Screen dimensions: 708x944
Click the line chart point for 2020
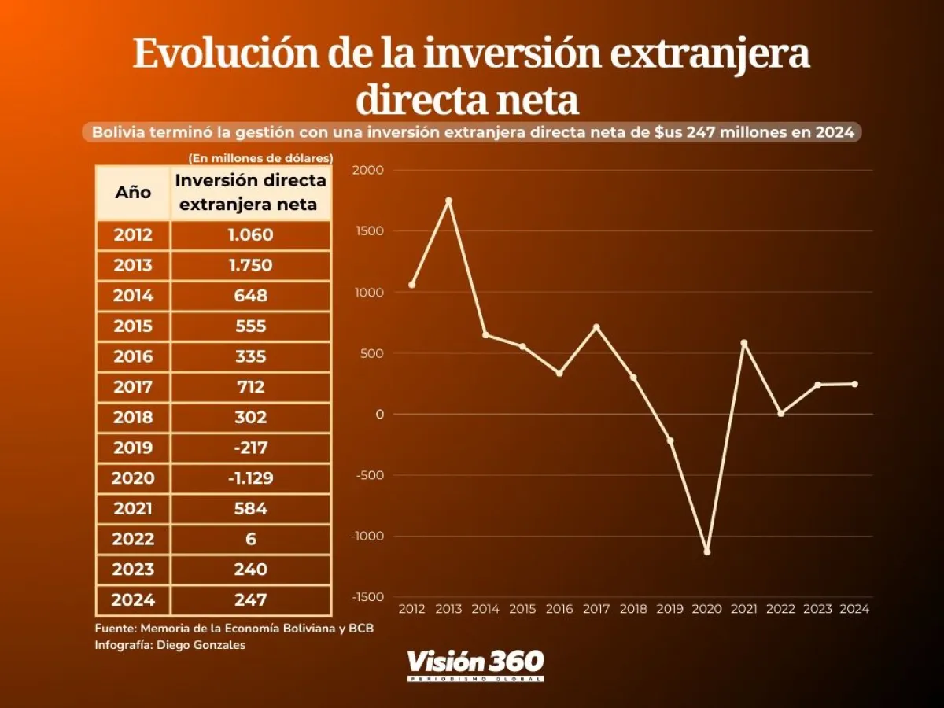706,551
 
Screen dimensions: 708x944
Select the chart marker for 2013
448,201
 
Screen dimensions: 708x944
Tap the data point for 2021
743,343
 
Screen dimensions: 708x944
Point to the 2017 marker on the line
596,326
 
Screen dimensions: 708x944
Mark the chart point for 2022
780,413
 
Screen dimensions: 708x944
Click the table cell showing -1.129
250,478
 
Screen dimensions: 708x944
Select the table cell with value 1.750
250,265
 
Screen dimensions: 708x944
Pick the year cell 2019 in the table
133,448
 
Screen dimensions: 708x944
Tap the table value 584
250,509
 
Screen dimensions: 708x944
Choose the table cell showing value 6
250,540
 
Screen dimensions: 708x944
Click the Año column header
133,193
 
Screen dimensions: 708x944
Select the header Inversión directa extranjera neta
250,193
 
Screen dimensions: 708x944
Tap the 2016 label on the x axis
559,609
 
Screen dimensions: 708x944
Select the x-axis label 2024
854,609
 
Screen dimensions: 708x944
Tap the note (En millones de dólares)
260,158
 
